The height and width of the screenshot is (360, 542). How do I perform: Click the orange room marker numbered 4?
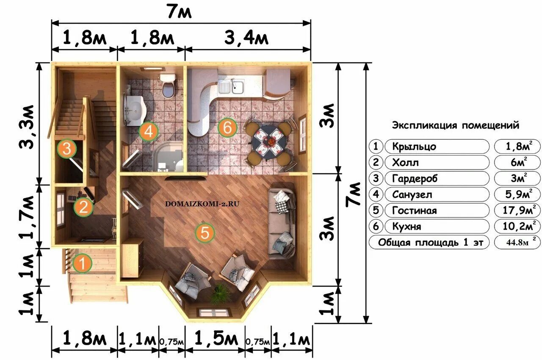tap(148, 132)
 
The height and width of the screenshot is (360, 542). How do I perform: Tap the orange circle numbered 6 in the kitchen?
tap(227, 127)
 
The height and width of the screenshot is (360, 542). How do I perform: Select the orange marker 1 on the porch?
tap(82, 263)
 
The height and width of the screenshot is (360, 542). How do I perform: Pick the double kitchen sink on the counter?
tap(231, 86)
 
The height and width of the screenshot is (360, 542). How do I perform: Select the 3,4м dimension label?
tap(246, 38)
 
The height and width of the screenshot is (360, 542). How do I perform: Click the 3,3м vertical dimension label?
tap(27, 127)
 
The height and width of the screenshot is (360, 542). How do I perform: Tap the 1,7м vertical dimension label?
tap(27, 217)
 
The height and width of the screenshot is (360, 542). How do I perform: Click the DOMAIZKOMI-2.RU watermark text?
tap(202, 204)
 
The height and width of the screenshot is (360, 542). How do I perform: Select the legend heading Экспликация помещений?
tap(456, 125)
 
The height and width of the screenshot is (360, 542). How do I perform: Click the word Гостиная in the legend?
tap(415, 210)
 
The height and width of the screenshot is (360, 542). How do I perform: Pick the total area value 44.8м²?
tap(518, 242)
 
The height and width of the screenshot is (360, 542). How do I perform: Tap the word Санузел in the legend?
tap(412, 194)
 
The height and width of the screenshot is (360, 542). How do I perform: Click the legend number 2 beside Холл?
tap(376, 162)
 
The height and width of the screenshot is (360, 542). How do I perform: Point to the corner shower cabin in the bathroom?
tap(168, 157)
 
